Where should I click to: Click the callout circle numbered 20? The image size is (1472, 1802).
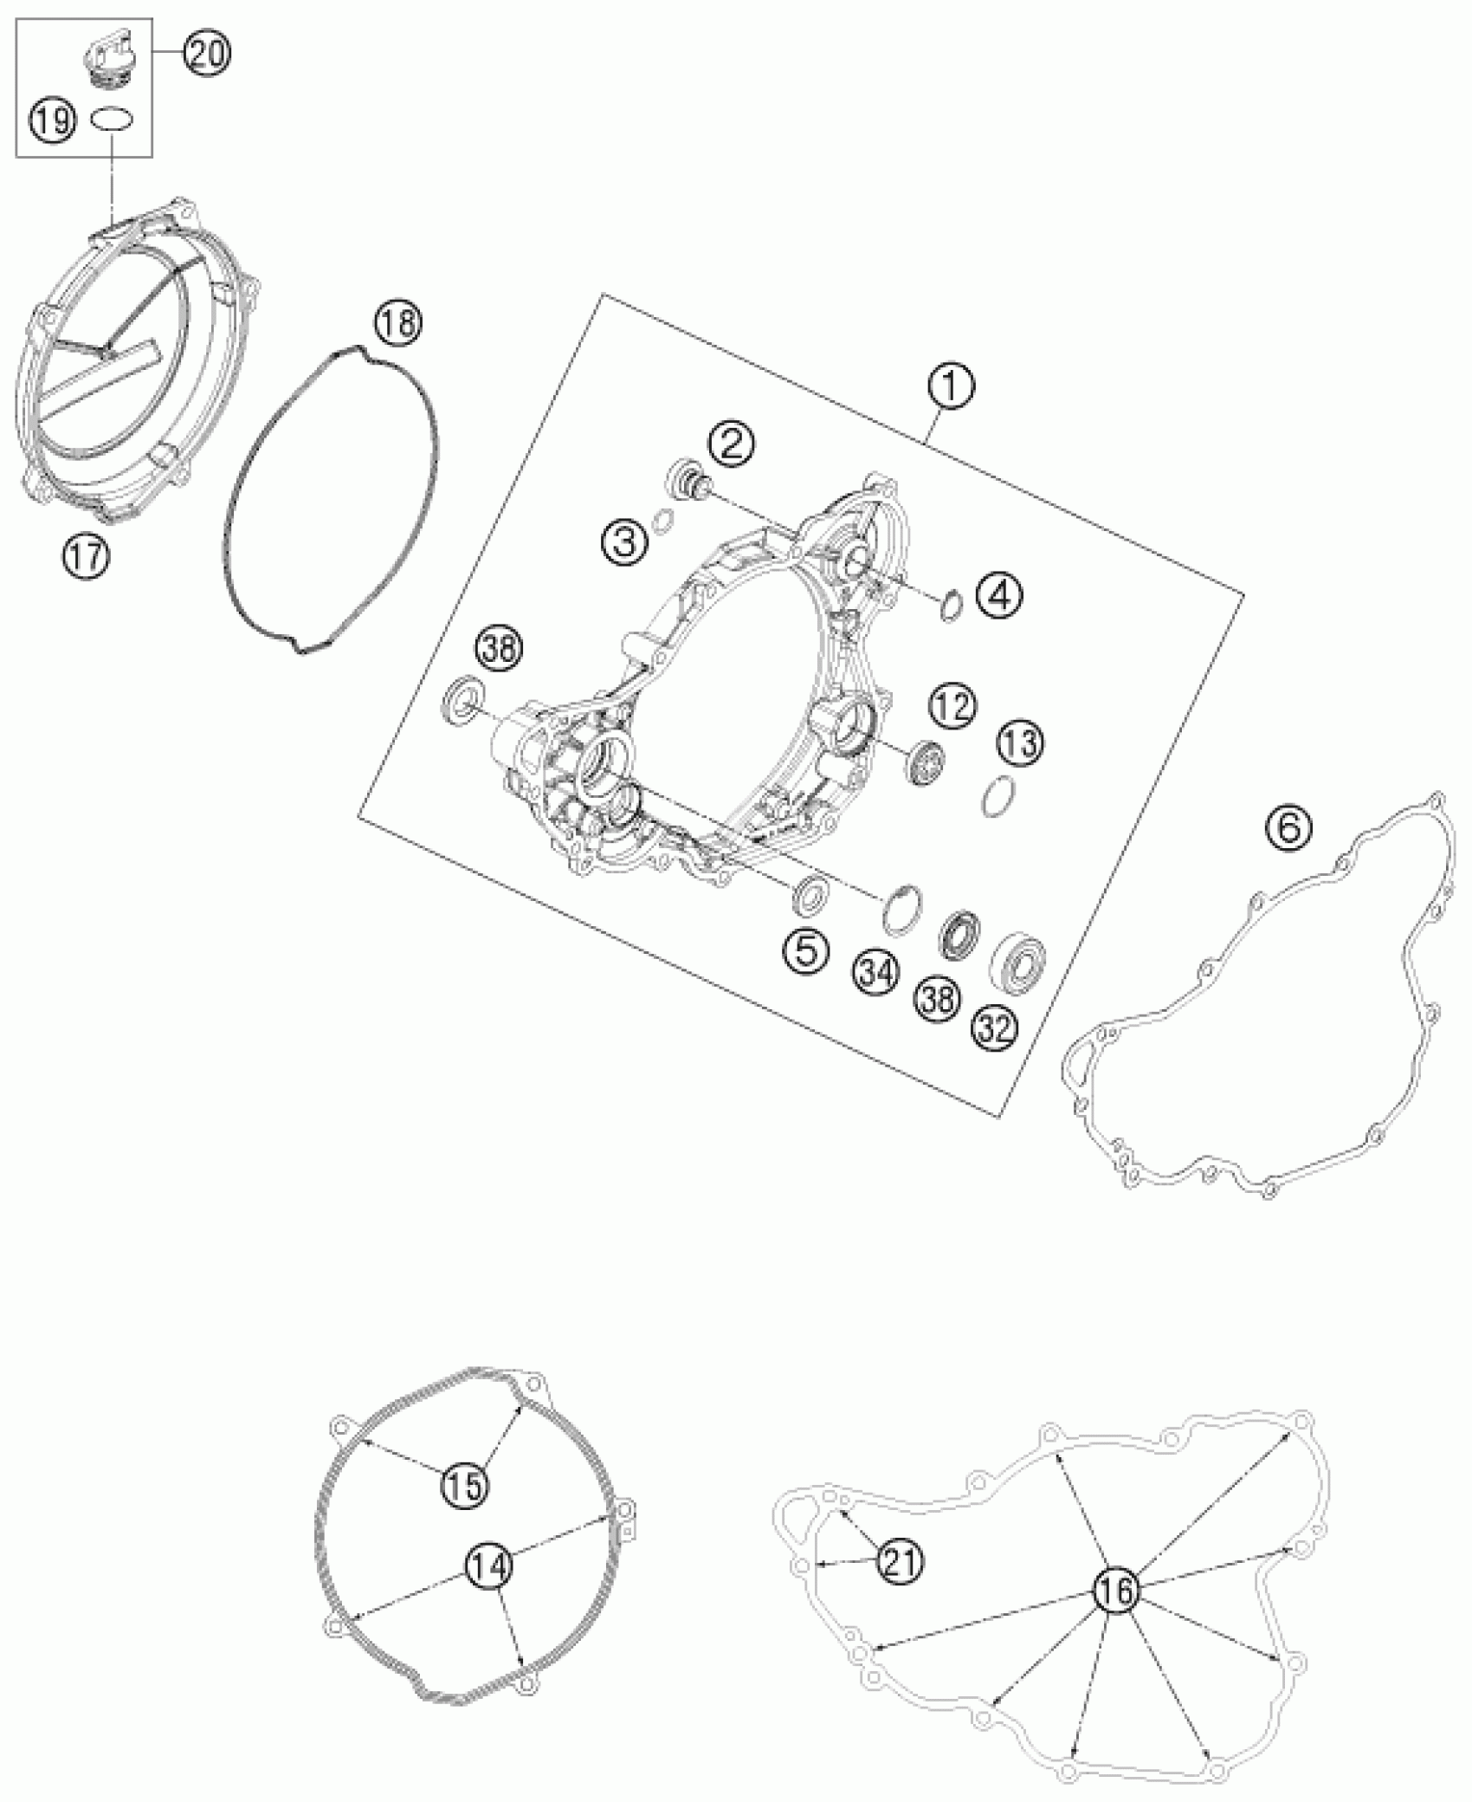coord(206,54)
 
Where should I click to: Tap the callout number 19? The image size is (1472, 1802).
coord(54,120)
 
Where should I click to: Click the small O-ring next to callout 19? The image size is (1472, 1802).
coord(112,118)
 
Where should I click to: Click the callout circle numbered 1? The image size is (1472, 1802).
coord(950,387)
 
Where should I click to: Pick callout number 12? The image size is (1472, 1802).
coord(953,706)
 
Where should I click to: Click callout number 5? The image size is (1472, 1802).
coord(805,951)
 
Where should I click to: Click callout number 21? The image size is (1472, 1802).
coord(901,1560)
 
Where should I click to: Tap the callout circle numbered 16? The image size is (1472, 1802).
coord(1116,1590)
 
